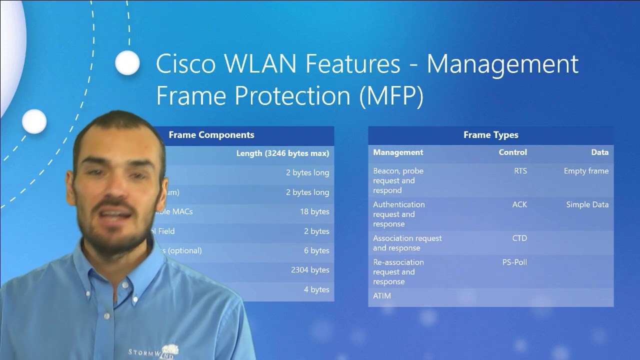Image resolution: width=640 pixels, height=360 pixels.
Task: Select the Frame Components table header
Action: click(x=211, y=135)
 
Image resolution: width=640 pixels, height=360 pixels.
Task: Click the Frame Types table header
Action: click(x=490, y=135)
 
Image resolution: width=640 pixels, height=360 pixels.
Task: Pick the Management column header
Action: click(x=398, y=152)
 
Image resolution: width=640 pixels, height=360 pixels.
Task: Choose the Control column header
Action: click(x=512, y=152)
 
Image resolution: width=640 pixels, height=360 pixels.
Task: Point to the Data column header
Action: click(x=599, y=152)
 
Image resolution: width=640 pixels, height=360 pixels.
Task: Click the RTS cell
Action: click(x=520, y=171)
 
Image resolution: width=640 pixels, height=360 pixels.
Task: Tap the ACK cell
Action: click(x=519, y=204)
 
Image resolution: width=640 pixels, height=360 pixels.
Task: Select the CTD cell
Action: click(x=519, y=238)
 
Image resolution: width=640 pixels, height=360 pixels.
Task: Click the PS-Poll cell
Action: click(x=514, y=262)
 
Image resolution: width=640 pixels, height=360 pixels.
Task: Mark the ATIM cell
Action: click(x=382, y=296)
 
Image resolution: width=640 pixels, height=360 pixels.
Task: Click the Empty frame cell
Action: click(x=586, y=171)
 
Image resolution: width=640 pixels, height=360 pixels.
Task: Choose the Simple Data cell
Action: click(x=587, y=204)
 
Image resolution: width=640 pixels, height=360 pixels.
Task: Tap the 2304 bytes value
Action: click(x=310, y=270)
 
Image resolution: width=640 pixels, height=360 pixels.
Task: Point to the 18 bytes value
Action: click(x=314, y=212)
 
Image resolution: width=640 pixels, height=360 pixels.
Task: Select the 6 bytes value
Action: click(x=316, y=251)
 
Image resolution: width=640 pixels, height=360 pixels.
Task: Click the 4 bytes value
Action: click(x=316, y=289)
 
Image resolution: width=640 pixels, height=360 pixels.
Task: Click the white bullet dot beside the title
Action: click(x=127, y=63)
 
